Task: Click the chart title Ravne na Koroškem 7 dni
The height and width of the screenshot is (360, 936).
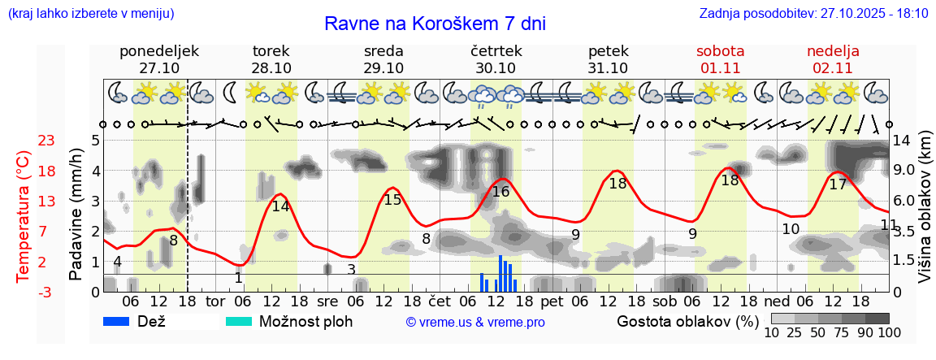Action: (435, 24)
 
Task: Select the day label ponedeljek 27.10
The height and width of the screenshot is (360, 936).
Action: (159, 59)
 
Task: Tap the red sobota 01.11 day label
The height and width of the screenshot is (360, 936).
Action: (721, 59)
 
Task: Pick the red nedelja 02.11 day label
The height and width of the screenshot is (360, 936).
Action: (833, 59)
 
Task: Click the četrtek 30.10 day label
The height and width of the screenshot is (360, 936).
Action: (496, 59)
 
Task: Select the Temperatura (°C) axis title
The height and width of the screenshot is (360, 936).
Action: (24, 216)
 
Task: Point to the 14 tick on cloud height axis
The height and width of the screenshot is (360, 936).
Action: (902, 141)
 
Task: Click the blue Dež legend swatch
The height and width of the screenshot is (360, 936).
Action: (118, 321)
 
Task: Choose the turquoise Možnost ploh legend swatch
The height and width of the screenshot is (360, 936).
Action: (239, 321)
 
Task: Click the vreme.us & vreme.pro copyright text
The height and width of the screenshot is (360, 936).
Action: (475, 323)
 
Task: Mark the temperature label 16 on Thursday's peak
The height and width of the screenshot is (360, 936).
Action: (500, 192)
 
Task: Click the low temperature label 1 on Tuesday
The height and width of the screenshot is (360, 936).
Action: (238, 278)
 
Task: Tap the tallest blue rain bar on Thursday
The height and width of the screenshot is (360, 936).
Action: (500, 273)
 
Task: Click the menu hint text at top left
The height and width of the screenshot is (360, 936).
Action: (90, 14)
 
